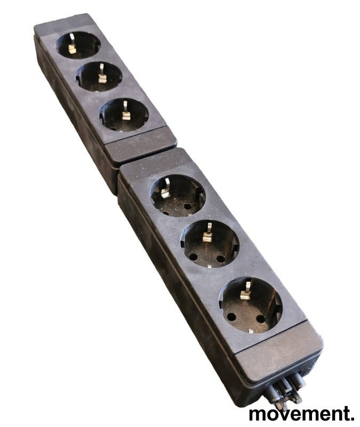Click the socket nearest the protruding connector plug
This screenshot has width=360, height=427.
point(251,305)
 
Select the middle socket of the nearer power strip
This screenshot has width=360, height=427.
point(210,244)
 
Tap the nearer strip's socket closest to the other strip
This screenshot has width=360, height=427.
point(178,195)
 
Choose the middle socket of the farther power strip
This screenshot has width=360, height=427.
point(99,76)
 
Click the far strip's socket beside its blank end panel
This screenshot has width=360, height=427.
point(124,115)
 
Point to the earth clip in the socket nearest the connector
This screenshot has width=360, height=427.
point(246,290)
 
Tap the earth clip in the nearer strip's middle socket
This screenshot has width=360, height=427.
point(207,233)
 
